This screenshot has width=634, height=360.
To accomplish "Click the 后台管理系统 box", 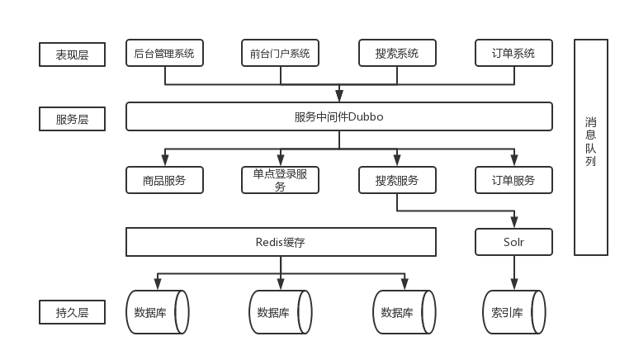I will click(x=164, y=53).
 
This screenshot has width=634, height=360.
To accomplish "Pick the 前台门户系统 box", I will click(x=280, y=53).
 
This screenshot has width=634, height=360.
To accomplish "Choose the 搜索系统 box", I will click(x=397, y=53).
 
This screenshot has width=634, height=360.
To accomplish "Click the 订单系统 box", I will click(x=513, y=53).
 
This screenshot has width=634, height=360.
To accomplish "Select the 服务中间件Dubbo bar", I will click(x=338, y=116).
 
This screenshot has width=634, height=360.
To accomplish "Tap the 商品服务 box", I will click(x=164, y=180).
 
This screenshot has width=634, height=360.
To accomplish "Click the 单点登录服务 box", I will click(x=280, y=180).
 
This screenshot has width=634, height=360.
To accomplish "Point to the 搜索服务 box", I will click(x=397, y=180).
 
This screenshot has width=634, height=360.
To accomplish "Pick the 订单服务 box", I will click(x=513, y=180).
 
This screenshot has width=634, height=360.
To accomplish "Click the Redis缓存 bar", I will click(x=281, y=242).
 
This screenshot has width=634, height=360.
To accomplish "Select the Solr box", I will click(x=513, y=242).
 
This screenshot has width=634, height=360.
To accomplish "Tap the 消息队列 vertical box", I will click(x=591, y=147).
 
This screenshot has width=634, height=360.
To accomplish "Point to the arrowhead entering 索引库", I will click(x=514, y=286).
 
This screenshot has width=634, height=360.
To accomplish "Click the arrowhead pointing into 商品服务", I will click(x=165, y=163).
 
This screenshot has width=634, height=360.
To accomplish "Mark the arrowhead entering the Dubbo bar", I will click(x=339, y=97).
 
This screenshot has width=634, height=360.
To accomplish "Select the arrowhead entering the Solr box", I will click(x=514, y=224).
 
